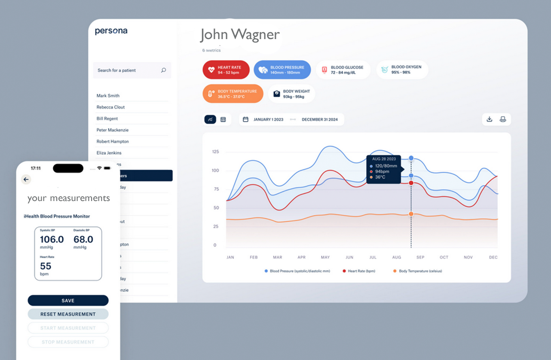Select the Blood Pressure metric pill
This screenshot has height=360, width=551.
[x=282, y=70]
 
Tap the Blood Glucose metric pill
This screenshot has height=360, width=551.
[x=343, y=70]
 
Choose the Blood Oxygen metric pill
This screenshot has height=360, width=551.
[x=402, y=70]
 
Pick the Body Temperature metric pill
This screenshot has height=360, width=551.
[x=233, y=94]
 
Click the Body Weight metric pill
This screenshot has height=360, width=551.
[x=291, y=94]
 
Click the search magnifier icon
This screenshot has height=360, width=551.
[x=163, y=70]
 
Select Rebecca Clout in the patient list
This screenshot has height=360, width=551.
[x=110, y=107]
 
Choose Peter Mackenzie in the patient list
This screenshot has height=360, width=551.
[x=112, y=130]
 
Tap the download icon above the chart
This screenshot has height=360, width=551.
[x=489, y=119]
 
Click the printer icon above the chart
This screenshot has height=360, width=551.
[x=503, y=119]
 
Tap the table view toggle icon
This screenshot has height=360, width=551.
[x=223, y=119]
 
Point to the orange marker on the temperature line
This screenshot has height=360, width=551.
[x=411, y=214]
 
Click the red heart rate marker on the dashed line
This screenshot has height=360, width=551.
[x=411, y=183]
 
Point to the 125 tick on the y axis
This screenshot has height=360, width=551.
[x=216, y=152]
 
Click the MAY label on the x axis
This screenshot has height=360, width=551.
[x=325, y=257]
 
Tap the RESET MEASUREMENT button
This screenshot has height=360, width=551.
[x=68, y=314]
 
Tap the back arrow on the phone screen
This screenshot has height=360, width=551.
[x=26, y=179]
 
